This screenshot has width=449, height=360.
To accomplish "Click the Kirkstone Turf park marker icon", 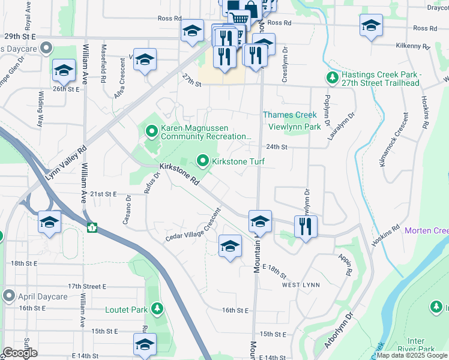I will pyautogui.click(x=203, y=161).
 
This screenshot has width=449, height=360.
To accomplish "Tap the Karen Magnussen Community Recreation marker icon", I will pyautogui.click(x=152, y=130).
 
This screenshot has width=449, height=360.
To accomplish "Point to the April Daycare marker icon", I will pyautogui.click(x=8, y=296).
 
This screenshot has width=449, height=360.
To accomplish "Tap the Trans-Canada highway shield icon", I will pyautogui.click(x=92, y=227).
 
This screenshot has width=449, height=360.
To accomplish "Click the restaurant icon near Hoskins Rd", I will pyautogui.click(x=306, y=226).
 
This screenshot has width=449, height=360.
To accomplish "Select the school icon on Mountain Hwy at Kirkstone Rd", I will pyautogui.click(x=259, y=221).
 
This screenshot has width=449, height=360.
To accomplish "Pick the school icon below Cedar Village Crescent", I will pyautogui.click(x=230, y=245).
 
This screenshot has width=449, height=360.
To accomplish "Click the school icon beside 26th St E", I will pyautogui.click(x=63, y=71).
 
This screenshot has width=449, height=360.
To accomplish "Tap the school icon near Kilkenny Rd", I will pyautogui.click(x=371, y=25).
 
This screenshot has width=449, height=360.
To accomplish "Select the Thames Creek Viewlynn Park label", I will pyautogui.click(x=292, y=121).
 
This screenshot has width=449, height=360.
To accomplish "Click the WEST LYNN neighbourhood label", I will pyautogui.click(x=301, y=284).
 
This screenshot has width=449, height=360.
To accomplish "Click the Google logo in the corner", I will pyautogui.click(x=19, y=353).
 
